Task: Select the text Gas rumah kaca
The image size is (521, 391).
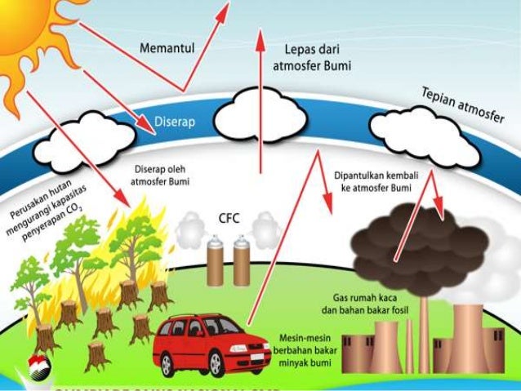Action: point(372,299)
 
